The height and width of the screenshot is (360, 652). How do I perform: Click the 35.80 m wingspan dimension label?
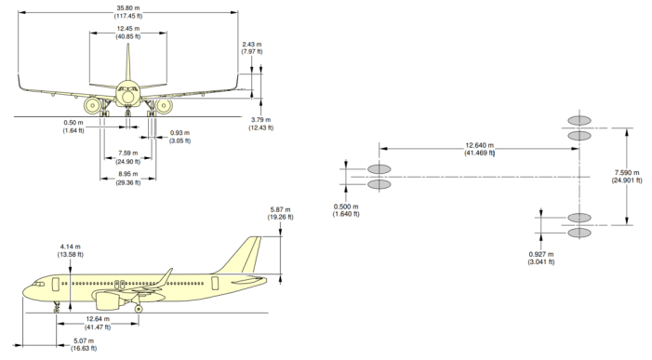(128, 12)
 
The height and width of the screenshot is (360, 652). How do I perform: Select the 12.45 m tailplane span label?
(128, 33)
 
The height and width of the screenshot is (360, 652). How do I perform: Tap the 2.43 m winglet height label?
(252, 47)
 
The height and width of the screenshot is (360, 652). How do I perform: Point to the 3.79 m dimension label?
(261, 124)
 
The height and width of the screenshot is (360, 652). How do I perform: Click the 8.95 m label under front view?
(128, 179)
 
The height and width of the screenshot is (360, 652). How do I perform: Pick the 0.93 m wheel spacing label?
(180, 137)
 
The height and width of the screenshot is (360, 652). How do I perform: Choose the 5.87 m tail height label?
(280, 213)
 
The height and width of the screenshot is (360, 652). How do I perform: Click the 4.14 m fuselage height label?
(71, 250)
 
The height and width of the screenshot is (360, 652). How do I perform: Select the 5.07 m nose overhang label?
(84, 344)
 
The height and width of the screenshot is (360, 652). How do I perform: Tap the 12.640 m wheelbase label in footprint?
(479, 149)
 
